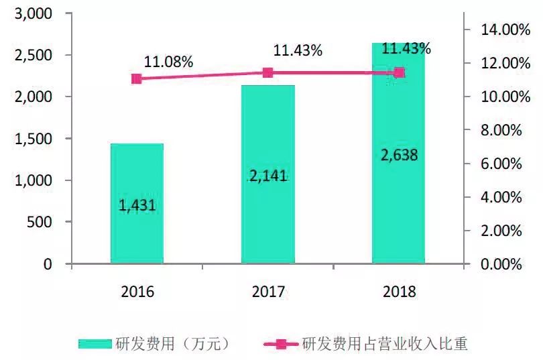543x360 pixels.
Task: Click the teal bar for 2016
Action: (137, 228)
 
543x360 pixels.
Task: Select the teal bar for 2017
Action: (268, 215)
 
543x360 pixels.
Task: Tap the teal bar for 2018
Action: (399, 201)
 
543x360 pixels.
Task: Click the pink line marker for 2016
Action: (137, 78)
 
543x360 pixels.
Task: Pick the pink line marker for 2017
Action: (268, 73)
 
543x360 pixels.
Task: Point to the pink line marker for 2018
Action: (399, 72)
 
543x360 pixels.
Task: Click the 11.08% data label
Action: (169, 62)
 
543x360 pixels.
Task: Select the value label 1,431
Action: (137, 205)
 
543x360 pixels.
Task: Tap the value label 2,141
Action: (268, 176)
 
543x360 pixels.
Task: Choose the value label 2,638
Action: (399, 155)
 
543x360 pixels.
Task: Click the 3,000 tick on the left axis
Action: (34, 13)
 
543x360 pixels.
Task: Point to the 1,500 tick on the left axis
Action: (34, 139)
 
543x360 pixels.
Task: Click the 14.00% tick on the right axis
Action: (497, 29)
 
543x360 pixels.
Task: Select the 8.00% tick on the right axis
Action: (499, 130)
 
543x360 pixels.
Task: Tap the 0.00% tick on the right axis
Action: (499, 264)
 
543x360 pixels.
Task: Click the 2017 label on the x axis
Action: (268, 292)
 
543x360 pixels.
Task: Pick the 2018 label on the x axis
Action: (399, 292)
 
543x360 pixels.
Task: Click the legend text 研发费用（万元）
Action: (174, 344)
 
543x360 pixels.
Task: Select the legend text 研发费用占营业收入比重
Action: (385, 344)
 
